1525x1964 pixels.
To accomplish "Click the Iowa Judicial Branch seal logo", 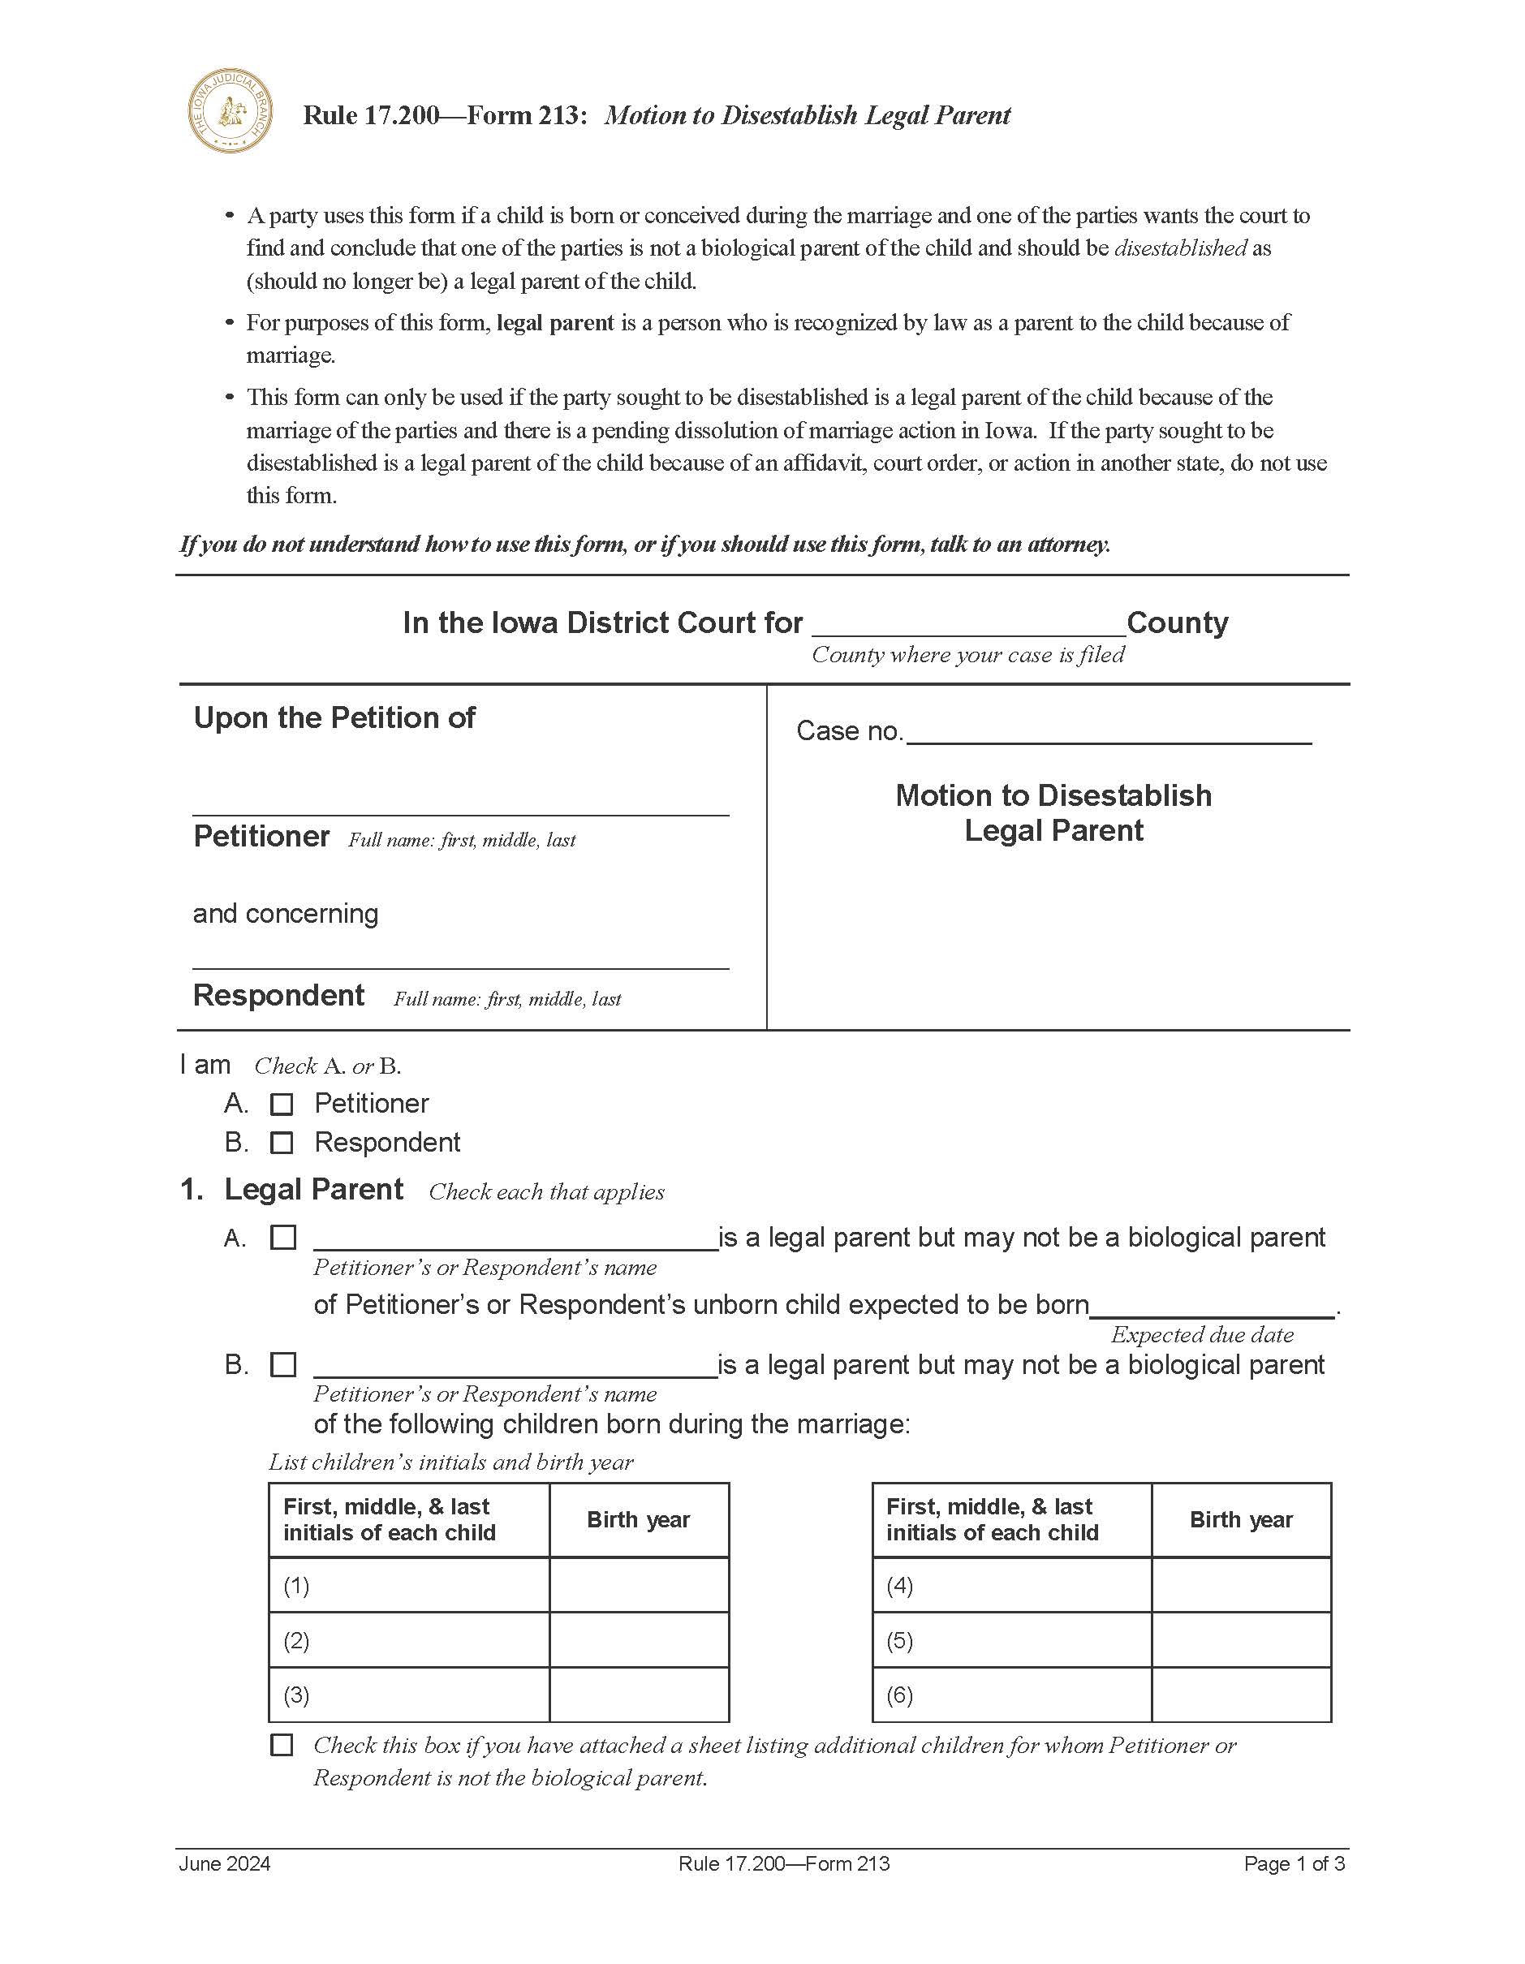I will pos(230,110).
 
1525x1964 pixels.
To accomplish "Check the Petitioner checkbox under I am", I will pos(282,1105).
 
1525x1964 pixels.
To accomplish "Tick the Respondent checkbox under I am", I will pos(282,1143).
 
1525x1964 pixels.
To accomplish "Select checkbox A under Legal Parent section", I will pos(283,1238).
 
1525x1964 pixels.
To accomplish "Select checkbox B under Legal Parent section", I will pos(283,1365).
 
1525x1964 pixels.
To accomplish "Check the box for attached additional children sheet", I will pos(282,1746).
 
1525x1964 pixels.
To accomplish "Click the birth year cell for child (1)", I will pos(639,1586).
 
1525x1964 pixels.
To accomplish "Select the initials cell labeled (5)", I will pos(1011,1640).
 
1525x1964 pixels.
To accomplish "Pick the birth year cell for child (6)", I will pos(1241,1695).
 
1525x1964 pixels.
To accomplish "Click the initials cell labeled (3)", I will pos(409,1695).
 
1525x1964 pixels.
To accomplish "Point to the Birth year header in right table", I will pos(1241,1520).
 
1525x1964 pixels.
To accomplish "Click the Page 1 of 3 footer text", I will pos(1294,1864).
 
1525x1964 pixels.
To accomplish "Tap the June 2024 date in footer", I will pos(225,1864).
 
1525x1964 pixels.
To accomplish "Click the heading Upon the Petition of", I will pos(334,717).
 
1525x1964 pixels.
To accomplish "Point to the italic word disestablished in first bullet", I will pos(1180,248).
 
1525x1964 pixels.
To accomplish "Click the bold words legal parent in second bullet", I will pos(555,323).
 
